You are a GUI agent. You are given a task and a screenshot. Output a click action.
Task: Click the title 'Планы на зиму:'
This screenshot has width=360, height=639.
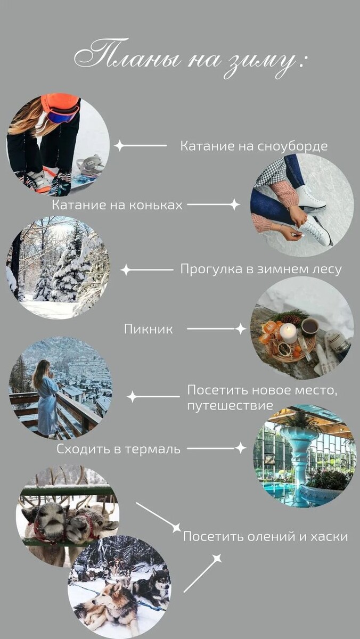point(190,59)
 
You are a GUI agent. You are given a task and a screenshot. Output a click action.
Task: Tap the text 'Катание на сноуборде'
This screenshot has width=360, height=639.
point(253,146)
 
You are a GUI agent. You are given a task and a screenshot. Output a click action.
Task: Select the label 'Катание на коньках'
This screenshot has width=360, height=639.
point(117,204)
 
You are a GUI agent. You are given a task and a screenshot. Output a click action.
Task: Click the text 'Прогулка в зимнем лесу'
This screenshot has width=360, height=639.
point(261,269)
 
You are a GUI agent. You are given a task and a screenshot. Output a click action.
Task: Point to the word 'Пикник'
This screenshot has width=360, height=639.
point(149,329)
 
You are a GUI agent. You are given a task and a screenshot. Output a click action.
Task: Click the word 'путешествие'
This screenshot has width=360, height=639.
point(230,406)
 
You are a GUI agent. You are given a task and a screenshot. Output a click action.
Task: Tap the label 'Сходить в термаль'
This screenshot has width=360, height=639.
point(119,449)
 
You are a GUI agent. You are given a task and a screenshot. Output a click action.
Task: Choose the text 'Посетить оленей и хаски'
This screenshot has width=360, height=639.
point(265,536)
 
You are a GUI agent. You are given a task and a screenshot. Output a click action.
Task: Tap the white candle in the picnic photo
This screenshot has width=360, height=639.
point(288,333)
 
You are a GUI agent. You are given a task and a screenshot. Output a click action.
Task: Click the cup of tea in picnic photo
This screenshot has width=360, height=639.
point(309,325)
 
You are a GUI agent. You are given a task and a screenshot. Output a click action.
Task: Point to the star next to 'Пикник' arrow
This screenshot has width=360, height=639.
point(241,329)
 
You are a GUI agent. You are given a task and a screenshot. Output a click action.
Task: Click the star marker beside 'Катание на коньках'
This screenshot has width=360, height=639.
point(234,204)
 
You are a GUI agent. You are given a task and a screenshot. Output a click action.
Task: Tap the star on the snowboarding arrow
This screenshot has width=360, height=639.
point(120,145)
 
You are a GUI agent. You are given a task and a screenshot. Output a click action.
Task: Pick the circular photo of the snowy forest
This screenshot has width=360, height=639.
point(58,267)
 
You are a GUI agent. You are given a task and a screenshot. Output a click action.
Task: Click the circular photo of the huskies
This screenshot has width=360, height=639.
point(120,586)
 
